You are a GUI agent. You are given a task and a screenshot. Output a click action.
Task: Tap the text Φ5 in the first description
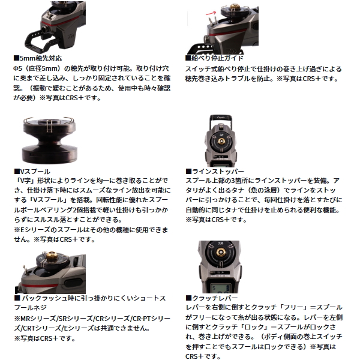(19, 70)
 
